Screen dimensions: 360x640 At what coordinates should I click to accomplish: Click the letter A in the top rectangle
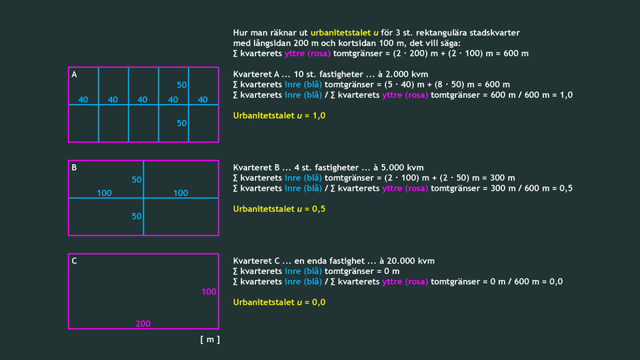click(75, 75)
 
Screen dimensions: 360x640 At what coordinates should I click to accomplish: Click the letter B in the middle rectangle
click(75, 168)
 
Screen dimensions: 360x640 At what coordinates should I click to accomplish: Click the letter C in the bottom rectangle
click(75, 261)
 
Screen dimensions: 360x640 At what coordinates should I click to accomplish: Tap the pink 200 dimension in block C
click(143, 323)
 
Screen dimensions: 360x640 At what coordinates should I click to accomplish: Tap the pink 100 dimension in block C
click(209, 292)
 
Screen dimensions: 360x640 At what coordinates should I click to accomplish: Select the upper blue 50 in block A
click(182, 85)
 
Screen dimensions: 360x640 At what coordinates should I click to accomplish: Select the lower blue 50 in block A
click(182, 123)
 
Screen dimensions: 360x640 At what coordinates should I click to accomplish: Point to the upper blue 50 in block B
click(137, 180)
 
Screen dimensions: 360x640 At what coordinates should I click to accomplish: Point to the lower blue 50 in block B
click(137, 217)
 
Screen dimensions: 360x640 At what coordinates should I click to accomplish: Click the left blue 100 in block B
click(105, 193)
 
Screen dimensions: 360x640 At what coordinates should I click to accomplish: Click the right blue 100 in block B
click(181, 193)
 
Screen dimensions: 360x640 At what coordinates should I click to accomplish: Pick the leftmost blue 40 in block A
click(83, 100)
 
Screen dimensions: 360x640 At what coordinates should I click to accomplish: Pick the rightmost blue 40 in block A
click(203, 100)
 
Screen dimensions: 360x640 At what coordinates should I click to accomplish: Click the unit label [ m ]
click(209, 339)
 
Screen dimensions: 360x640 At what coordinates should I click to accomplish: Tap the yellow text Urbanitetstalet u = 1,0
click(274, 115)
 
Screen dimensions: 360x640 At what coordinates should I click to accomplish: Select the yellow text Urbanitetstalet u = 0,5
click(274, 209)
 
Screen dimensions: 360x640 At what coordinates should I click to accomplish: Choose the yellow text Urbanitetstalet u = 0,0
click(274, 302)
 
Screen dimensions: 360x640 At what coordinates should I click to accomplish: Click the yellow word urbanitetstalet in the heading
click(340, 33)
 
